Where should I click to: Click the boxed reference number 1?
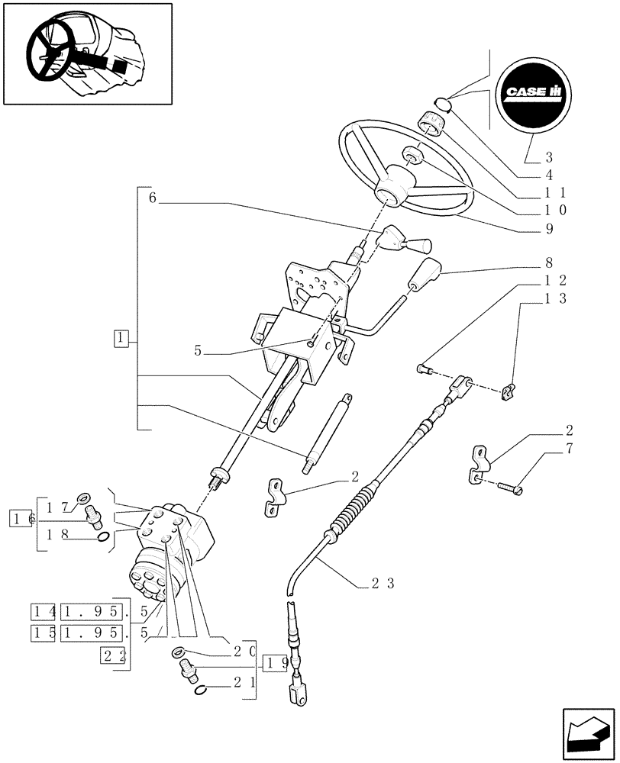[x=120, y=336]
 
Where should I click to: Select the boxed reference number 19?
[x=275, y=662]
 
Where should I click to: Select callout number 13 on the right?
[x=555, y=299]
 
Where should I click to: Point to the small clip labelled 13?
[x=507, y=392]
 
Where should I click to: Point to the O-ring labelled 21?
[x=199, y=691]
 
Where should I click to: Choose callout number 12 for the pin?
[x=555, y=281]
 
